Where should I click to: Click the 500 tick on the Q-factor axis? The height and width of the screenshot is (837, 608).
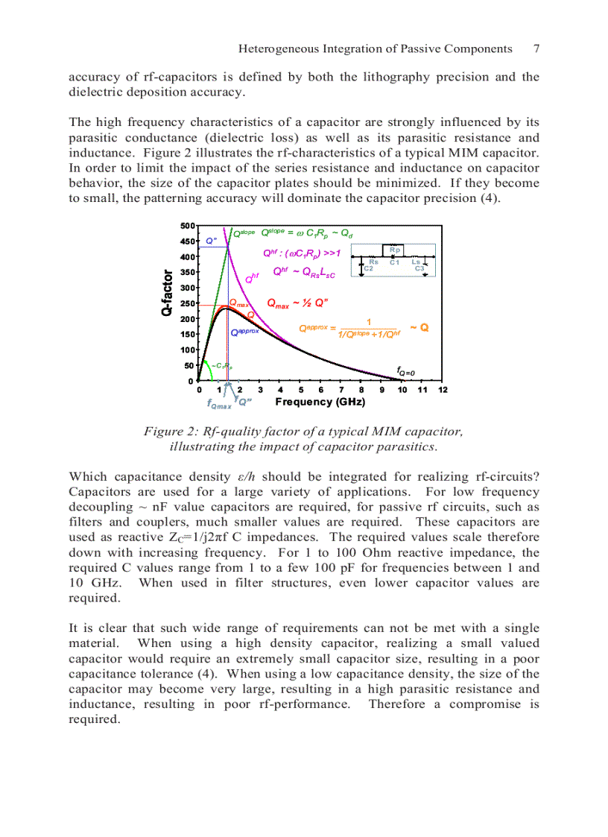188,225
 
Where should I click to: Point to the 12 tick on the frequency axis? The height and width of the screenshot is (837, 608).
443,390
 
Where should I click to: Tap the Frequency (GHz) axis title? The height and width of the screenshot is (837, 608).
320,402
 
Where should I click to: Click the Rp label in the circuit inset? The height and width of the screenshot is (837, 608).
395,250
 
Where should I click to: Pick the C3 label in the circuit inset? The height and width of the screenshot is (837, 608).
419,268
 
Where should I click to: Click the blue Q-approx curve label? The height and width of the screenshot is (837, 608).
244,331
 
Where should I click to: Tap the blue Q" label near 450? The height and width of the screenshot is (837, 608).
212,240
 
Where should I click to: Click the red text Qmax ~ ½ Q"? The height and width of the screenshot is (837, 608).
298,303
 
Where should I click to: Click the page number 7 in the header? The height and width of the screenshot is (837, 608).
536,48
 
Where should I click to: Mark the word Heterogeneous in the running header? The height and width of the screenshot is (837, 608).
274,48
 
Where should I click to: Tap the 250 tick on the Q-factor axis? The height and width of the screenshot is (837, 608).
188,303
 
